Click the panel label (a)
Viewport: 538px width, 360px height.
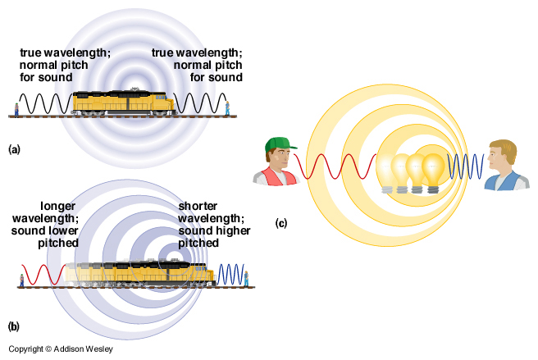(13, 149)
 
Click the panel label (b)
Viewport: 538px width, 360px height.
(13, 326)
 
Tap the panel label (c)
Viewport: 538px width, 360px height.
(281, 222)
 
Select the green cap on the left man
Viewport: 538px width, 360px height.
(280, 145)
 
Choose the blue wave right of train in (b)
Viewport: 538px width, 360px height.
(233, 274)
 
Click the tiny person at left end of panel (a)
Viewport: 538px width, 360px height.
(16, 109)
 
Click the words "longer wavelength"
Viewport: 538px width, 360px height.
(45, 212)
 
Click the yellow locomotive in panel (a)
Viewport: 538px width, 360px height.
(123, 103)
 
